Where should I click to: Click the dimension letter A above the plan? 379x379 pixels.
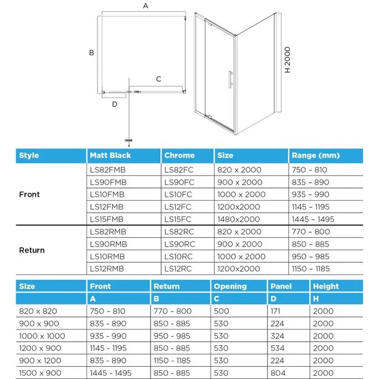pyautogui.click(x=146, y=6)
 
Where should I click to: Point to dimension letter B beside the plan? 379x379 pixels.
pyautogui.click(x=91, y=53)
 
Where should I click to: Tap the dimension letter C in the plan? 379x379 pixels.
pyautogui.click(x=158, y=79)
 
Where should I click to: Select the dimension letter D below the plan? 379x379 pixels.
pyautogui.click(x=115, y=104)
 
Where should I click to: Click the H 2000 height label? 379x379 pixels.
pyautogui.click(x=287, y=60)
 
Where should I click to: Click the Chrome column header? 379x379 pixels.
pyautogui.click(x=180, y=156)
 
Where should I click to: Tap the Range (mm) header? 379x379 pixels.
pyautogui.click(x=315, y=156)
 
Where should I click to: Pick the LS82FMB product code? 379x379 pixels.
pyautogui.click(x=107, y=170)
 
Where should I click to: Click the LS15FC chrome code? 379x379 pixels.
pyautogui.click(x=179, y=219)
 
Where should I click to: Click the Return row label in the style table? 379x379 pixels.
pyautogui.click(x=32, y=250)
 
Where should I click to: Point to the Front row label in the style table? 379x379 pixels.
pyautogui.click(x=29, y=194)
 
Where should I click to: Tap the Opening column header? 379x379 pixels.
pyautogui.click(x=230, y=286)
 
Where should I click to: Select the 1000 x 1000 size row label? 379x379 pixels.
pyautogui.click(x=42, y=336)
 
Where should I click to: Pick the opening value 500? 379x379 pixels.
pyautogui.click(x=221, y=311)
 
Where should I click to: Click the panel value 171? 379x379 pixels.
pyautogui.click(x=275, y=311)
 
